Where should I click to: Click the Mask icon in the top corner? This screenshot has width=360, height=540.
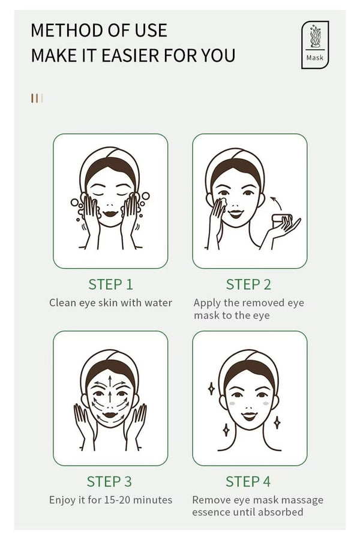[x=315, y=44]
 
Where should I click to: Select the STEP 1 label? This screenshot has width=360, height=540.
[x=110, y=284]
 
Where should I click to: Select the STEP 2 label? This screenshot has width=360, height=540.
[x=248, y=284]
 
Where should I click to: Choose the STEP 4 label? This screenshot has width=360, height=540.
[x=248, y=481]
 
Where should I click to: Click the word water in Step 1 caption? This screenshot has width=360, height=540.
[x=158, y=303]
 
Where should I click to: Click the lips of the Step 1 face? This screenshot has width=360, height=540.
[x=110, y=212]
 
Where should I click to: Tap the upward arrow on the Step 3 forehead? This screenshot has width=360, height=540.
[x=110, y=382]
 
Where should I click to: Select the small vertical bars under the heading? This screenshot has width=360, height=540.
[x=37, y=98]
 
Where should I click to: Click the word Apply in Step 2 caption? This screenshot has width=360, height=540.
[x=207, y=303]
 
